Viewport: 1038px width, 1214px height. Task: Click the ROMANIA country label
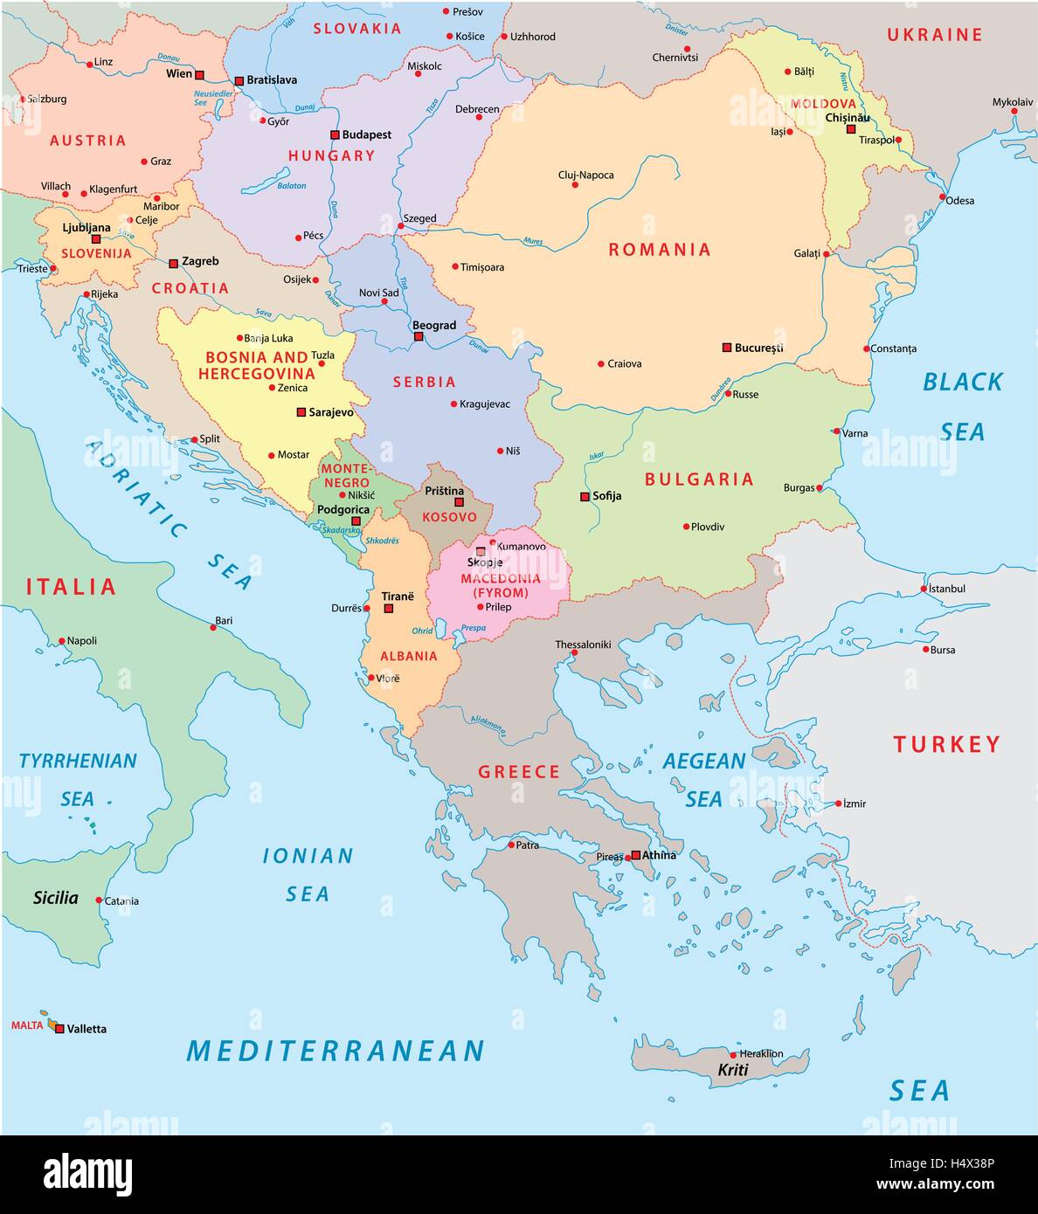tap(660, 250)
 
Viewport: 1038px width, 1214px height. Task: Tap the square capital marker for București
tap(726, 348)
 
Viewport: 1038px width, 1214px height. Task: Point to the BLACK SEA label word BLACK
tap(963, 382)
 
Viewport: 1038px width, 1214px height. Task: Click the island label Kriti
tap(733, 1070)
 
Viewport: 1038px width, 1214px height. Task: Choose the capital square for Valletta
tap(59, 1029)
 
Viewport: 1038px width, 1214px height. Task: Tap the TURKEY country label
tap(946, 744)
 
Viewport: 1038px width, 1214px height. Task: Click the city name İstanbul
tap(947, 589)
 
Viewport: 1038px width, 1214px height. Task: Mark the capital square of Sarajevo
tap(301, 412)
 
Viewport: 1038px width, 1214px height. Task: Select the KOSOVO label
tap(449, 517)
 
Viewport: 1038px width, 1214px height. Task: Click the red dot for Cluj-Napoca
tap(575, 185)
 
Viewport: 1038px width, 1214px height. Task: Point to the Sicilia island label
tap(56, 898)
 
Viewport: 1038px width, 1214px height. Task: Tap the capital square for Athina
tap(635, 855)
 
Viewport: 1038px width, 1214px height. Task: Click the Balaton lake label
tap(292, 186)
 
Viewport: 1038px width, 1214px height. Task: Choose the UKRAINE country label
tap(935, 35)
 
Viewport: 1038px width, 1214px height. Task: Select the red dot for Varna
tap(836, 431)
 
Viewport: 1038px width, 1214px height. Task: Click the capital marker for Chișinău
tap(851, 129)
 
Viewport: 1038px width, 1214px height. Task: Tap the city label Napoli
tap(82, 641)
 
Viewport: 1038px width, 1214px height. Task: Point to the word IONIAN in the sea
tap(308, 856)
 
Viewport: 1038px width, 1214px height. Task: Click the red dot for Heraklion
tap(733, 1055)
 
